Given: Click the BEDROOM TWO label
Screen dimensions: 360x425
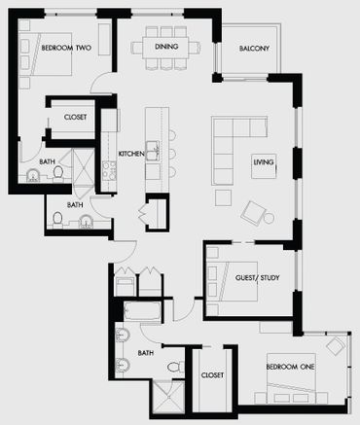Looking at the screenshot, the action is click(x=66, y=48).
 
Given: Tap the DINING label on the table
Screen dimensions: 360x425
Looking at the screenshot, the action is click(x=166, y=47).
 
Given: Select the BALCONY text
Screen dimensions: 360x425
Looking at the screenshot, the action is click(x=254, y=49).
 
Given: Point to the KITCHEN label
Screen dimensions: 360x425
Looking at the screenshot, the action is click(x=131, y=154).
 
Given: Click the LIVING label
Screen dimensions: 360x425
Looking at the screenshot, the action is click(x=264, y=161).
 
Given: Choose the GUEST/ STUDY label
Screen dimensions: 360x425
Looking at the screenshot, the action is click(x=257, y=277).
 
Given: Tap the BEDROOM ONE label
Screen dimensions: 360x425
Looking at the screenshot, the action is click(x=290, y=367).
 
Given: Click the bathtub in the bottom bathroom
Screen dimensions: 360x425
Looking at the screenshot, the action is click(x=142, y=311).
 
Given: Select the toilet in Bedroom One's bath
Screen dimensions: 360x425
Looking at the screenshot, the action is click(x=175, y=367).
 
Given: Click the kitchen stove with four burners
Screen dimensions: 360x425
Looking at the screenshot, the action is click(x=109, y=170).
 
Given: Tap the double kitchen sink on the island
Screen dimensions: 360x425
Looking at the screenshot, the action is click(x=153, y=151).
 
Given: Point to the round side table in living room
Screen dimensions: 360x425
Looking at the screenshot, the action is click(x=269, y=218).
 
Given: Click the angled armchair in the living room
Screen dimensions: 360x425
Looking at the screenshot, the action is click(x=252, y=213).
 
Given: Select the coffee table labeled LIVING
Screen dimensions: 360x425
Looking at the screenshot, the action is click(x=264, y=166).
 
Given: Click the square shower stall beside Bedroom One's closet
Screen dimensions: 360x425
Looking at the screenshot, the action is click(x=168, y=397).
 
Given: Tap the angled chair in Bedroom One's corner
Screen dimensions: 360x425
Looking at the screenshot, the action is click(x=336, y=346).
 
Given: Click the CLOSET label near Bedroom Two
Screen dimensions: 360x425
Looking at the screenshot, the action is click(x=75, y=117).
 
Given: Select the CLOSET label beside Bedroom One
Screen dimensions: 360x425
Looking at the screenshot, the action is click(x=212, y=375).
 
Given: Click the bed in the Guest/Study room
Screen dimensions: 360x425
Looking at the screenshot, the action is click(x=233, y=281).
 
